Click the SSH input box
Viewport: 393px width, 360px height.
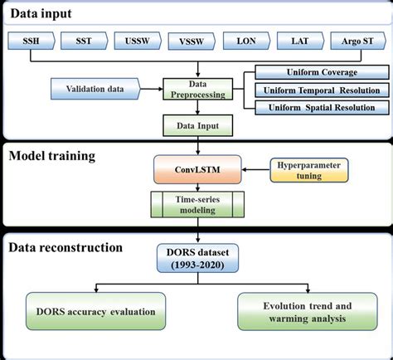tap(32, 39)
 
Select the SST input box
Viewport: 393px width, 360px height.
tap(84, 39)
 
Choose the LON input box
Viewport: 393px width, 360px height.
tap(247, 39)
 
